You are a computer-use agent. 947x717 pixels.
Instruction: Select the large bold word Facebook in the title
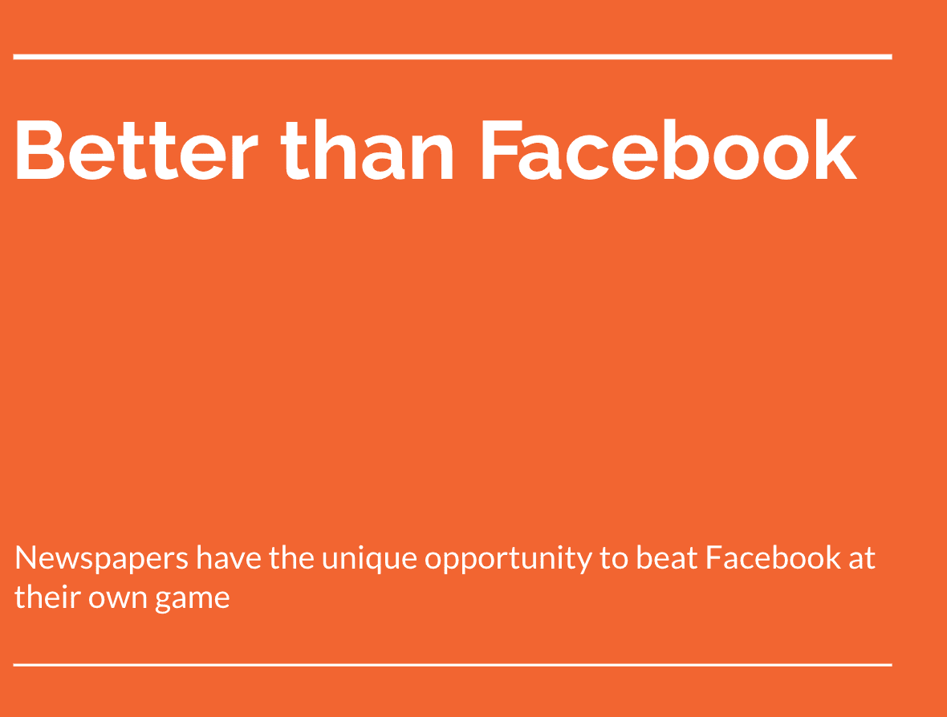click(668, 150)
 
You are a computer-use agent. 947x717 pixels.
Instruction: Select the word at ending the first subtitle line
click(862, 558)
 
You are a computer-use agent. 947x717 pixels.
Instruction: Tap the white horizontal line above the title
click(452, 56)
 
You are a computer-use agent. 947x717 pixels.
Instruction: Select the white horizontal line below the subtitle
click(452, 665)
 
